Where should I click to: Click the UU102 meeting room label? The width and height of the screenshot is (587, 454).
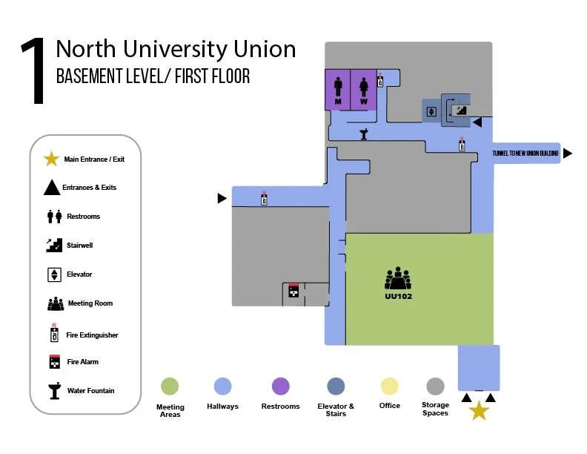(x=398, y=296)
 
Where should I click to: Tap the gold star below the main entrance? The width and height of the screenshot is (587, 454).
(x=480, y=410)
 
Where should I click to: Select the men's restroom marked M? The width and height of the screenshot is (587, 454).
(x=338, y=89)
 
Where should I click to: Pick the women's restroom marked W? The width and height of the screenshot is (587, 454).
(x=364, y=89)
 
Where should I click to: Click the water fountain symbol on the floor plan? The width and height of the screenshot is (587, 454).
(x=365, y=134)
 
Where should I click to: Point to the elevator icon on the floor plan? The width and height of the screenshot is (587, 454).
(x=431, y=112)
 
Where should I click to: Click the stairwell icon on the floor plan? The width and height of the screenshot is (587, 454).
(x=460, y=110)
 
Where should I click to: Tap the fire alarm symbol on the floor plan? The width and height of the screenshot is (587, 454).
(x=293, y=291)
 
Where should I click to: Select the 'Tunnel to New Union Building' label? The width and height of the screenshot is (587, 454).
(x=525, y=154)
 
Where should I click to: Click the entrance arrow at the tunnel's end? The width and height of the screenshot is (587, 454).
(x=568, y=154)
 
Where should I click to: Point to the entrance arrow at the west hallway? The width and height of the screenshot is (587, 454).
(x=222, y=198)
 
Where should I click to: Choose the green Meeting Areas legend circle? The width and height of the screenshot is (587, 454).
(x=170, y=386)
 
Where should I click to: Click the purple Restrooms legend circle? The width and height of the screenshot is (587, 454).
(x=280, y=386)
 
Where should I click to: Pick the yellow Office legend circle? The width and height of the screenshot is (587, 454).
(x=389, y=386)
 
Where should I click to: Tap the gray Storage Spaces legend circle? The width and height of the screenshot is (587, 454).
(x=435, y=386)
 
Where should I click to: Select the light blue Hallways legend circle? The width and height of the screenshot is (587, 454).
(x=222, y=386)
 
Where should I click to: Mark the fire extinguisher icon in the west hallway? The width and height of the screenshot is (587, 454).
(x=264, y=198)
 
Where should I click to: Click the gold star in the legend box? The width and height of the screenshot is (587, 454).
(x=51, y=159)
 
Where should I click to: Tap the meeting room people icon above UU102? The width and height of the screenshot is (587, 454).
(x=398, y=279)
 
